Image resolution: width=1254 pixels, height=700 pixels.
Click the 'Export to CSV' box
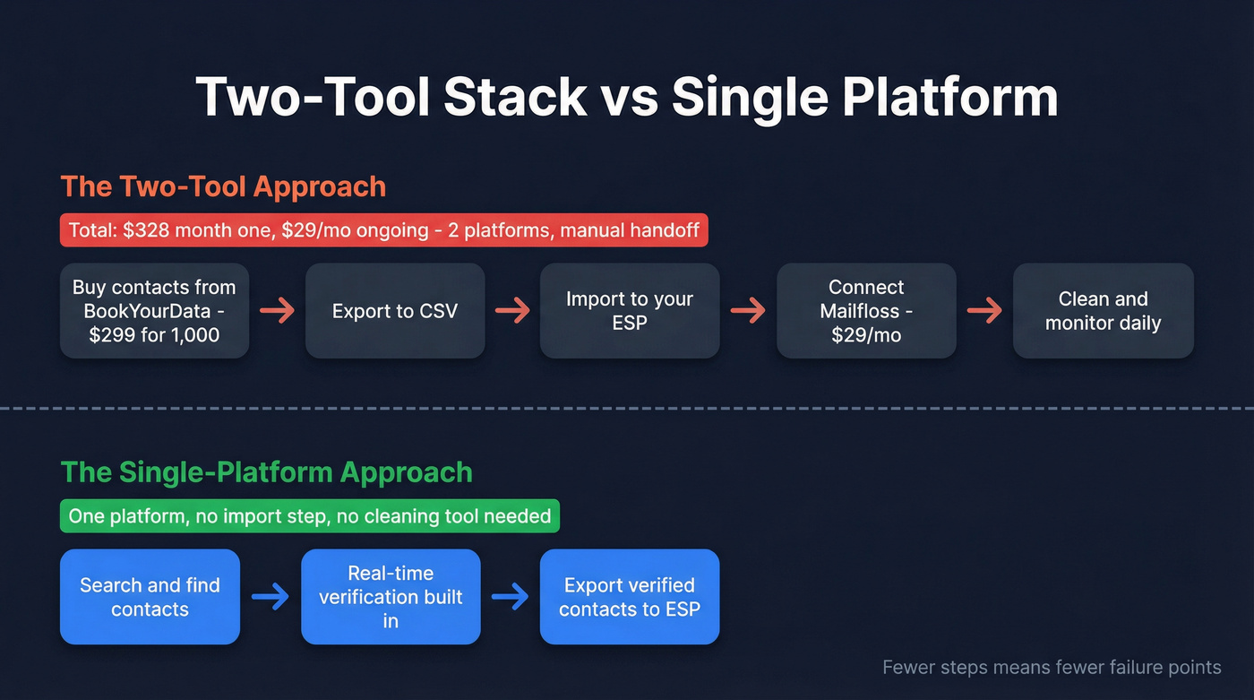pyautogui.click(x=395, y=311)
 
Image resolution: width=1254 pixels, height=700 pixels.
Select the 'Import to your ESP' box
pyautogui.click(x=629, y=311)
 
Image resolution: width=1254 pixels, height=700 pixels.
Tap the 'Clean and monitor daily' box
pyautogui.click(x=1103, y=311)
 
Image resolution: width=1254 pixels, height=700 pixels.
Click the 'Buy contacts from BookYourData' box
pyautogui.click(x=154, y=311)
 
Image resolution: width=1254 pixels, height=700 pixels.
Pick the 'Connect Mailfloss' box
pyautogui.click(x=865, y=311)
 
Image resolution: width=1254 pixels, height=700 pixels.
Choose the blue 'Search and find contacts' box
pyautogui.click(x=150, y=597)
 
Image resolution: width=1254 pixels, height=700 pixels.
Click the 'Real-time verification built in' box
pyautogui.click(x=391, y=597)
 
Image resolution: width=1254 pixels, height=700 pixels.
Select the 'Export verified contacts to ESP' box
pyautogui.click(x=629, y=597)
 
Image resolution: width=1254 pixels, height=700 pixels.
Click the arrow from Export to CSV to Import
pyautogui.click(x=512, y=311)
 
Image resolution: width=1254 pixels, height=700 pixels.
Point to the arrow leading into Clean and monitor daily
pyautogui.click(x=984, y=311)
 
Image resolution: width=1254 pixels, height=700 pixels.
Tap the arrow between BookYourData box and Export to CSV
pyautogui.click(x=277, y=311)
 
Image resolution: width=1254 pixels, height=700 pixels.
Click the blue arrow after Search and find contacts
pyautogui.click(x=270, y=597)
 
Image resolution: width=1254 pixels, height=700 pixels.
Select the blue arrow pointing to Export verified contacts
pyautogui.click(x=510, y=597)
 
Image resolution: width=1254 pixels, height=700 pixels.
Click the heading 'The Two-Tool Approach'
pyautogui.click(x=223, y=186)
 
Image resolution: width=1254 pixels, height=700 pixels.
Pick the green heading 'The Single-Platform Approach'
pyautogui.click(x=266, y=472)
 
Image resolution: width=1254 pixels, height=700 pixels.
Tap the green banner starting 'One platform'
pyautogui.click(x=309, y=516)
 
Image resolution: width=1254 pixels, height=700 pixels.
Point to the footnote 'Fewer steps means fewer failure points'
pyautogui.click(x=1052, y=668)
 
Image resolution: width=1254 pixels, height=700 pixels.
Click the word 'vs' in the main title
pyautogui.click(x=629, y=97)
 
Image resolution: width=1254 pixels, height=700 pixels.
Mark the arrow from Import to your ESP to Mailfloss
pyautogui.click(x=748, y=311)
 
